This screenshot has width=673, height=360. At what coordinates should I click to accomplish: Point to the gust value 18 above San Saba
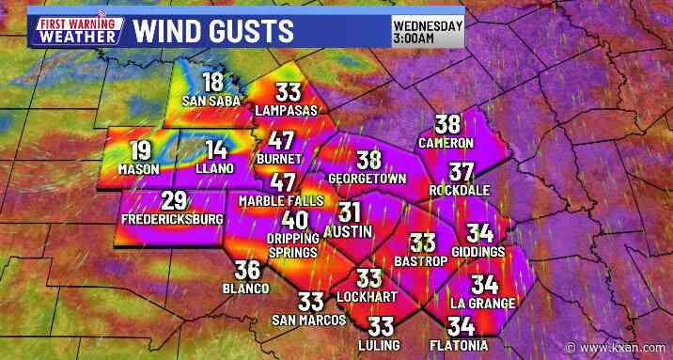[213, 83]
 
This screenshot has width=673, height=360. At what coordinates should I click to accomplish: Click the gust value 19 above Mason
[139, 149]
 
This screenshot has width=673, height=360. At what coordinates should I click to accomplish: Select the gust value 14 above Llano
[217, 149]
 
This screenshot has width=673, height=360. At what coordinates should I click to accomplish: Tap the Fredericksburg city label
[172, 220]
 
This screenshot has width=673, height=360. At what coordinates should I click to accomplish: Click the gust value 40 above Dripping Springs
[295, 220]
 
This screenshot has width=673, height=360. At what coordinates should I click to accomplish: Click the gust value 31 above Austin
[350, 211]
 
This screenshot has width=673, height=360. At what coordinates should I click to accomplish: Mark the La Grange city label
[483, 303]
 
